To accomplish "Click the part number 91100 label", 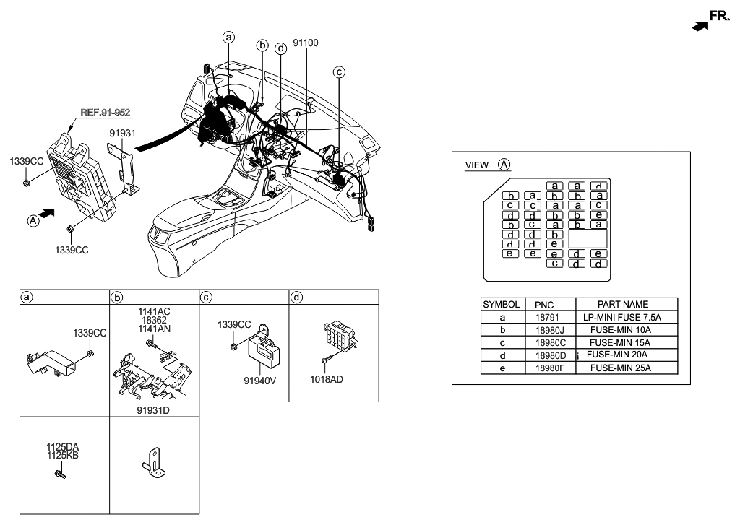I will pyautogui.click(x=306, y=43).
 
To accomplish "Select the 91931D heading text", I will pyautogui.click(x=153, y=409).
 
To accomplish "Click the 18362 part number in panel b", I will pyautogui.click(x=153, y=321).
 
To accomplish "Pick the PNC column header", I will pyautogui.click(x=545, y=305).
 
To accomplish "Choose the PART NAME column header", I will pyautogui.click(x=623, y=305).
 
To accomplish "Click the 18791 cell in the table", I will pyautogui.click(x=546, y=318).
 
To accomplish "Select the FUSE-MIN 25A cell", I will pyautogui.click(x=621, y=368).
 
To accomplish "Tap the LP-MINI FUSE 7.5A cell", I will pyautogui.click(x=622, y=318).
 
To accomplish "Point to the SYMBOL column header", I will pyautogui.click(x=501, y=305).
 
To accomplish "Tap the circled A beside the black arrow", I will pyautogui.click(x=33, y=222).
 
